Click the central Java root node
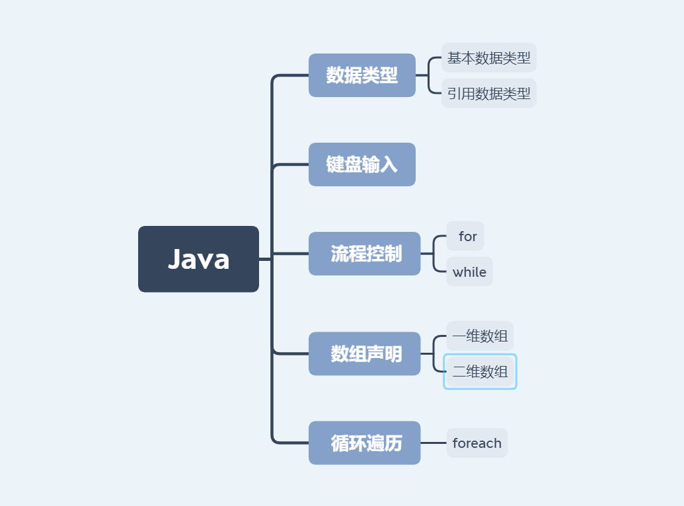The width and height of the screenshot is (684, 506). tap(198, 259)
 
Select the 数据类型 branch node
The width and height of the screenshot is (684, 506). tap(361, 75)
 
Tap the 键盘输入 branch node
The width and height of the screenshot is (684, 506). tap(361, 164)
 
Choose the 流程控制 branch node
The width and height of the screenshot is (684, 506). tap(364, 254)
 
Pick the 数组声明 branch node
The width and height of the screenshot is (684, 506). tap(364, 354)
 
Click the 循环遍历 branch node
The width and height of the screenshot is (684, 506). tap(364, 443)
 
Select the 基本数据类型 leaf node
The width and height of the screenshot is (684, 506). tap(488, 58)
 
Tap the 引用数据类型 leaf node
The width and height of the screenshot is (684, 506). tap(488, 94)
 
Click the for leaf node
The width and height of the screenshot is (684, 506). tap(466, 236)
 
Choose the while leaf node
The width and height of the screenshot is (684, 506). tap(469, 272)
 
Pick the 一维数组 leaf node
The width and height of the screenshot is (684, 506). tap(480, 336)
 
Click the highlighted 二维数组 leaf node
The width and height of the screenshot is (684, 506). tap(480, 372)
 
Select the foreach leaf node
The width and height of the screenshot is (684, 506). tap(476, 443)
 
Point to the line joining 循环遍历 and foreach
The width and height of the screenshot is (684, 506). tap(434, 443)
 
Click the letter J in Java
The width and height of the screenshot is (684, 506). tap(174, 260)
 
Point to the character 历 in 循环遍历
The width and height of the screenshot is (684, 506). tap(393, 443)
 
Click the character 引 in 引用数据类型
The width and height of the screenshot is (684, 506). tap(454, 94)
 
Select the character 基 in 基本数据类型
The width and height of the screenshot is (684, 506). tap(454, 58)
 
